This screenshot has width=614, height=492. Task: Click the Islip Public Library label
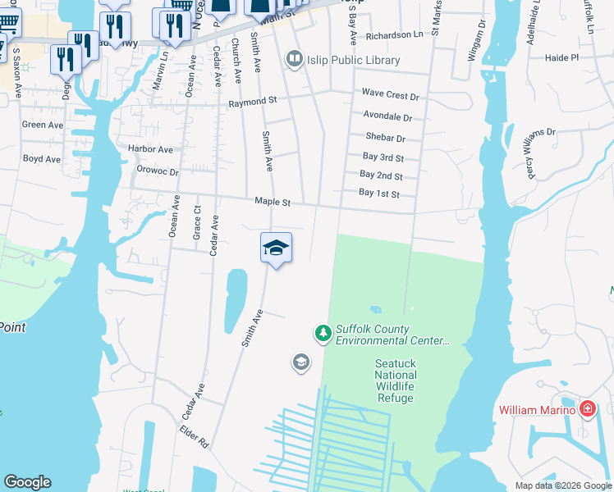353,60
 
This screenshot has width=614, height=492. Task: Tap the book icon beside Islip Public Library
293,59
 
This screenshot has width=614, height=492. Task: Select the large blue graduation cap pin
276,247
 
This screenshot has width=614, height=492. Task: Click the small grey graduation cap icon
301,362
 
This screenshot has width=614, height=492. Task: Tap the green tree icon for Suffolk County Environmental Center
323,333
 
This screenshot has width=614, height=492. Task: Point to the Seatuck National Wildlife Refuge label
406,380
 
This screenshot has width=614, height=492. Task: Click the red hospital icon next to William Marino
588,408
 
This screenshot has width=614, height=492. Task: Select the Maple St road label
273,201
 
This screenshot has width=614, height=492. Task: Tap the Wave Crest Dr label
391,95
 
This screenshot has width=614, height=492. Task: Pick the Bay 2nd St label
381,175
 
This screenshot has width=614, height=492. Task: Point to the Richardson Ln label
395,35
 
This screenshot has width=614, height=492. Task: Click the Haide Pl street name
561,58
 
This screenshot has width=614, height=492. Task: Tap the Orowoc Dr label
158,172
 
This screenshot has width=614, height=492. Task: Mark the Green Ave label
43,125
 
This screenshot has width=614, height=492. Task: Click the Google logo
27,482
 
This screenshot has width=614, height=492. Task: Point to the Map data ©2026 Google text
562,485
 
